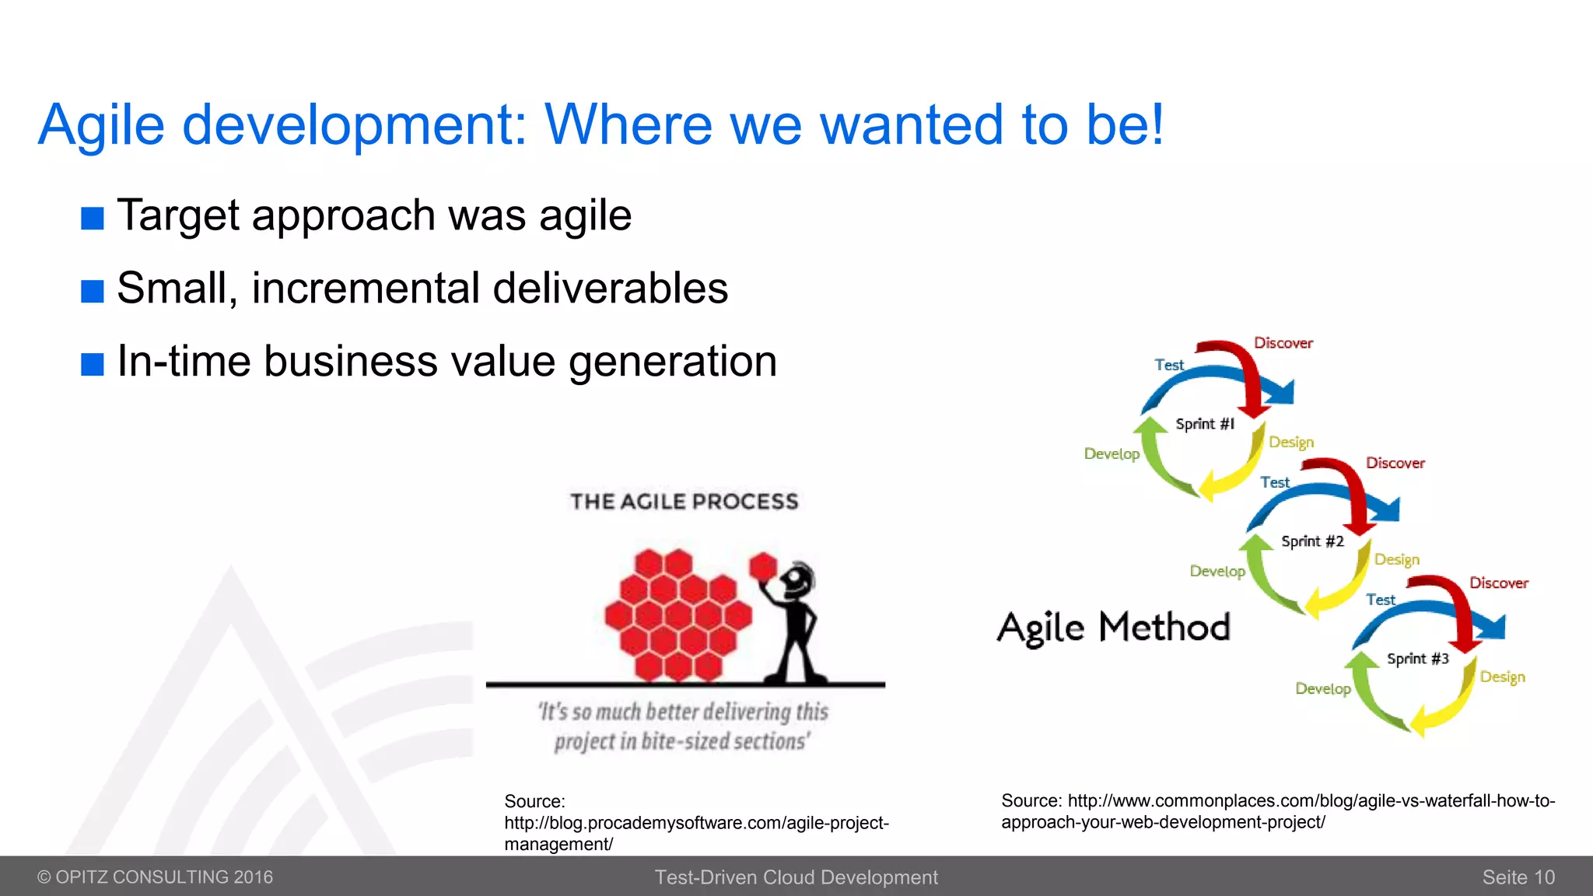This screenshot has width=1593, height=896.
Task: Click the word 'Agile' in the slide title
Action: tap(101, 124)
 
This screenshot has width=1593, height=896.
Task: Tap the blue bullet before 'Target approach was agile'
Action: tap(92, 219)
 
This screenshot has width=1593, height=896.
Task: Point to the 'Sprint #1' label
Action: tap(1204, 424)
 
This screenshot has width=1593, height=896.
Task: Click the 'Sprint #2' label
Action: tap(1312, 541)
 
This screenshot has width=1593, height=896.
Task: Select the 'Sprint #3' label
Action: tap(1417, 659)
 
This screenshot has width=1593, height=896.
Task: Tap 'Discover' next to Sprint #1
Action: tap(1283, 343)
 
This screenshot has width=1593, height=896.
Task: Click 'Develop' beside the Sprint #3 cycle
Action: tap(1322, 688)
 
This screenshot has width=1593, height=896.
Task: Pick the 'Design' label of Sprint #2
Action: tap(1396, 559)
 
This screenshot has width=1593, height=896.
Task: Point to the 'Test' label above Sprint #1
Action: tap(1168, 365)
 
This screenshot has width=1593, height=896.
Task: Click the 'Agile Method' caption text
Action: tap(1113, 628)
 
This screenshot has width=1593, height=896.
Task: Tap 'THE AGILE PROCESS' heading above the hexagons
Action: tap(684, 502)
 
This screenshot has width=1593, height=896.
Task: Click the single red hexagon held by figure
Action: tap(763, 566)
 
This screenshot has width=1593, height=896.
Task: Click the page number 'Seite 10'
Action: tap(1518, 877)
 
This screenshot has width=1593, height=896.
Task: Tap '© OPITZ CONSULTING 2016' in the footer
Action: tap(155, 877)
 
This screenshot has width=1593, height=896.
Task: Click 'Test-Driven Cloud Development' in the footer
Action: tap(796, 877)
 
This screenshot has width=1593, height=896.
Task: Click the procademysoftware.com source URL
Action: tap(695, 823)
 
